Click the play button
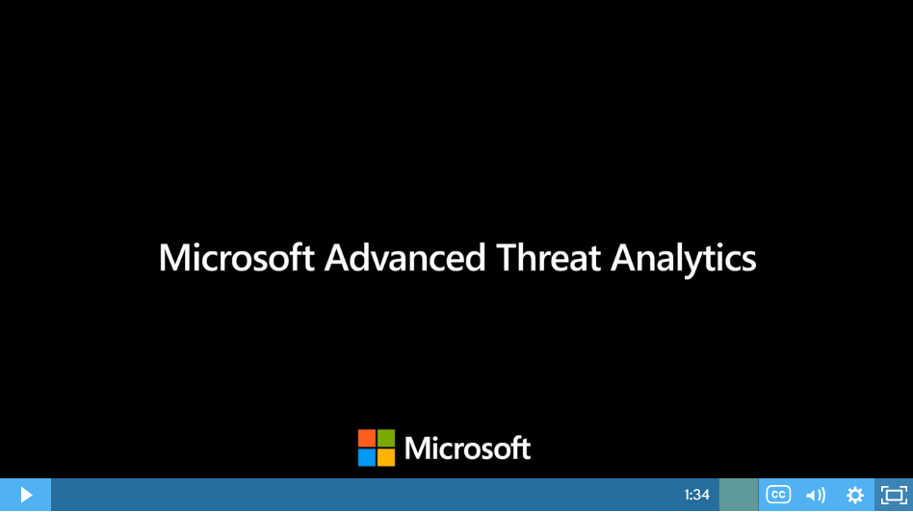coord(26,495)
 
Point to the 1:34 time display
coord(697,495)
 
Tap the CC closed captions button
coord(778,495)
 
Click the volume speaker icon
coord(816,495)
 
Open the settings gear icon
coord(855,495)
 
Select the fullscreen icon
coord(894,495)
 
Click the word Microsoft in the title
coord(236,257)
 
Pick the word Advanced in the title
coord(404,257)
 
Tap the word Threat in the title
coord(548,257)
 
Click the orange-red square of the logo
coord(367,438)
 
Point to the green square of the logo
coord(386,438)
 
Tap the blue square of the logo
coord(367,457)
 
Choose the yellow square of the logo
coord(386,457)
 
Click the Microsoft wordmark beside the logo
coord(467,448)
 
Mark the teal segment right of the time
coord(739,495)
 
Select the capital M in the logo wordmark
coord(416,448)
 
